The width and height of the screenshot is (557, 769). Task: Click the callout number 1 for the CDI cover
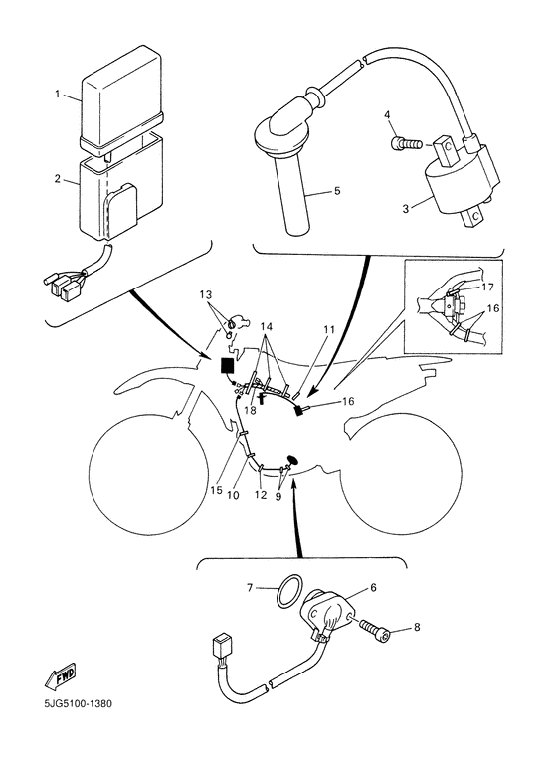tap(58, 94)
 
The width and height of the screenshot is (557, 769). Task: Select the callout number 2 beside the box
tap(58, 179)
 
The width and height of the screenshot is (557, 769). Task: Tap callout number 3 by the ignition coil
tap(406, 209)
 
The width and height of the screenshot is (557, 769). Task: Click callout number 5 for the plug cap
tap(337, 191)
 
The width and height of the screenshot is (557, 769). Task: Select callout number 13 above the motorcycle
tap(207, 294)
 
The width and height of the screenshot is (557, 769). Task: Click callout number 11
tap(329, 329)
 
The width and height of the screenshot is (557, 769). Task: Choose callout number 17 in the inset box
tap(487, 287)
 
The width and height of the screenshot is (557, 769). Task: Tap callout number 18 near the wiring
tap(250, 410)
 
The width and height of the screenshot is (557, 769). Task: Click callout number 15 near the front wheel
tap(216, 489)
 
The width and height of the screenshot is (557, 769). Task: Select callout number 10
tap(233, 495)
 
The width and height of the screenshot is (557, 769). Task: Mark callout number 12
tap(261, 495)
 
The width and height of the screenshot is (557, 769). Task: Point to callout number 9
tap(278, 496)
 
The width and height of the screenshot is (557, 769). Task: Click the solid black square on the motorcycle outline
tap(228, 366)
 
